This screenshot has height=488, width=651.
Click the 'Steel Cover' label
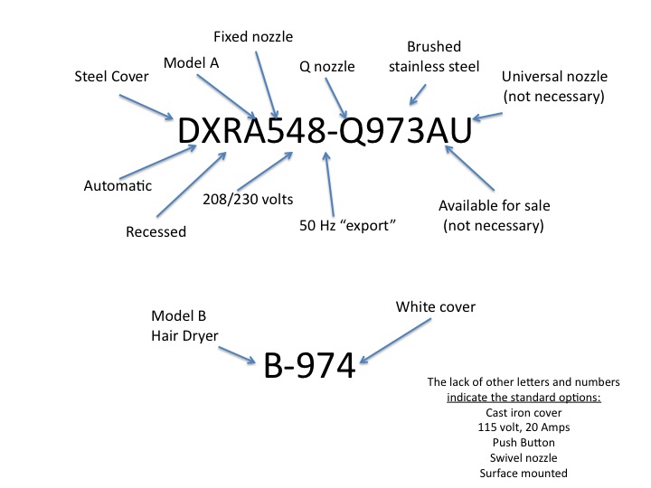pos(110,77)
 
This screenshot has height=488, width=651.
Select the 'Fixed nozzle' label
pos(253,36)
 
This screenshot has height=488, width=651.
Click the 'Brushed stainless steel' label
pos(434,56)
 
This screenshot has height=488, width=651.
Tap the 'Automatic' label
pos(118,186)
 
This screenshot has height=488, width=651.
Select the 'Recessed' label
pos(156,231)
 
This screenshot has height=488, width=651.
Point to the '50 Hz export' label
pos(348,223)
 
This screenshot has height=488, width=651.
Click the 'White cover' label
pos(436,307)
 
